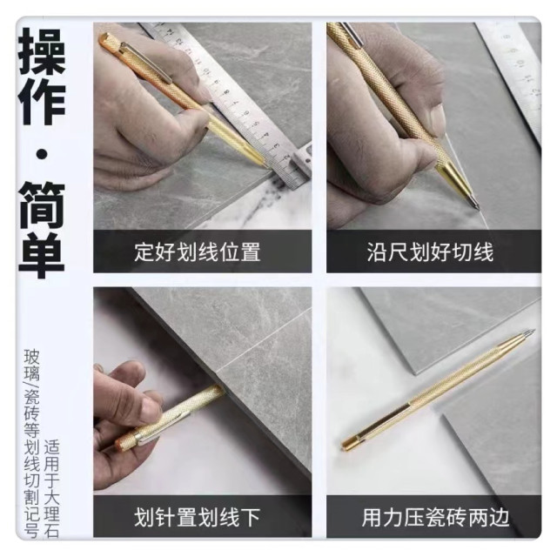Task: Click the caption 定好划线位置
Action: tap(198, 253)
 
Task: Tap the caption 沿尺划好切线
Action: tap(430, 253)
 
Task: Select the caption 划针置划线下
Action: tap(198, 517)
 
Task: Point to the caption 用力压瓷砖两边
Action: tap(430, 517)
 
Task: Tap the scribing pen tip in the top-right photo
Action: tap(475, 205)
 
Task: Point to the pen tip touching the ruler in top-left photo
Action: tap(264, 164)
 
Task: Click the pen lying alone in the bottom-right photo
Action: tap(435, 387)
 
